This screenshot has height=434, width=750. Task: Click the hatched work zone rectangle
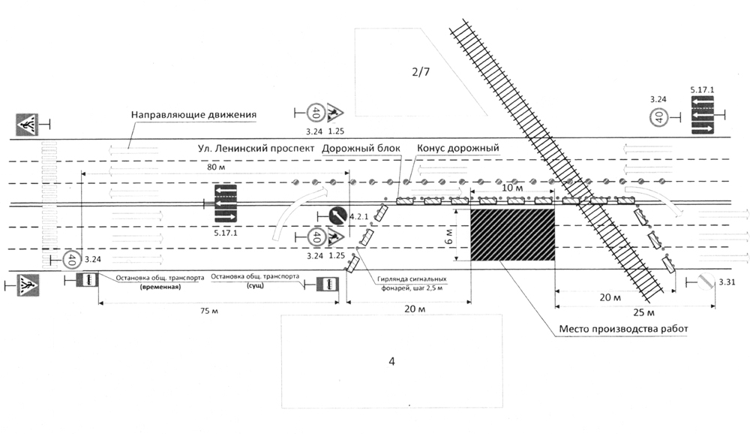pyautogui.click(x=512, y=234)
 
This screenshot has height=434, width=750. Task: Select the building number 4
pyautogui.click(x=391, y=362)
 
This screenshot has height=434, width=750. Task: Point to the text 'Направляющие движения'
pyautogui.click(x=194, y=115)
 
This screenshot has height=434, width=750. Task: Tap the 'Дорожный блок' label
pyautogui.click(x=363, y=148)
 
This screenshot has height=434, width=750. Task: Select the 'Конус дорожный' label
pyautogui.click(x=458, y=148)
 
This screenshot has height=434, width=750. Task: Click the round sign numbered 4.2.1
pyautogui.click(x=337, y=215)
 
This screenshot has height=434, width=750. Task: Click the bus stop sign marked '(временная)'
pyautogui.click(x=85, y=281)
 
